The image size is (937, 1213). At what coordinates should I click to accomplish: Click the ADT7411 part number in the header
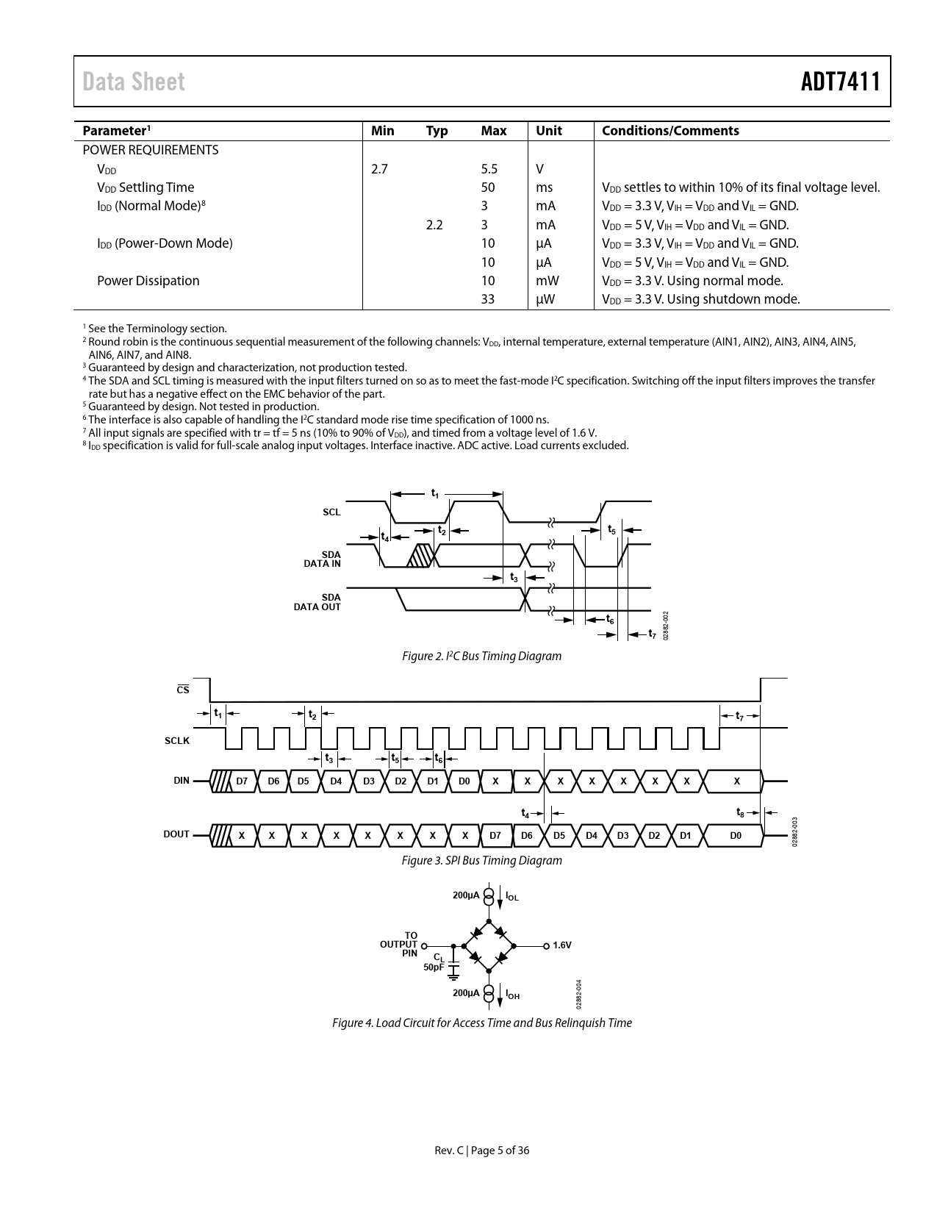tap(840, 82)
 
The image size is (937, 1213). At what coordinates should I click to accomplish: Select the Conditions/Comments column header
tap(669, 131)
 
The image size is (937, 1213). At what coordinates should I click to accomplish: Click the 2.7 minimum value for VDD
tap(379, 169)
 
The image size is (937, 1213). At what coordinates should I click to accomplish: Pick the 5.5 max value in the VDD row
tap(489, 169)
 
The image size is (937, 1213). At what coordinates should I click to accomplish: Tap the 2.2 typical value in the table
tap(434, 225)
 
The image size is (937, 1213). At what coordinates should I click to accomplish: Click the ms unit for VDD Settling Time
tap(544, 187)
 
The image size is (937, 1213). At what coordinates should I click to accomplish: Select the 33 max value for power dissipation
tap(487, 299)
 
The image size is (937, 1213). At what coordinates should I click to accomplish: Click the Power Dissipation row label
tap(148, 281)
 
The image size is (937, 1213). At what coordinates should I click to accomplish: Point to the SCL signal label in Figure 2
tap(331, 512)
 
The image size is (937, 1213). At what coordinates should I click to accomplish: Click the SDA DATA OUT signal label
tap(317, 602)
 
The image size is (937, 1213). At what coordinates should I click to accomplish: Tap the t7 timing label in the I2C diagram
tap(651, 634)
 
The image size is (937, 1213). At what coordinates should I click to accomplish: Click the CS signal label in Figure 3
tap(183, 690)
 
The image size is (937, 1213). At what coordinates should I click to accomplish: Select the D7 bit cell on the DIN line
tap(242, 781)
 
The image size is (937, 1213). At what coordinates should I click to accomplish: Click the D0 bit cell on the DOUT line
tap(735, 836)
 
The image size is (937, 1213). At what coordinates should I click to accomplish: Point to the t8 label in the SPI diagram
tap(740, 812)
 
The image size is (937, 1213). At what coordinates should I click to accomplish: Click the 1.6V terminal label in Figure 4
tap(561, 945)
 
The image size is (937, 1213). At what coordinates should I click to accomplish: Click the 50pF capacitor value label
tap(434, 967)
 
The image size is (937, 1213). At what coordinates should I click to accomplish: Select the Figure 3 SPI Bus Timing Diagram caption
tap(481, 860)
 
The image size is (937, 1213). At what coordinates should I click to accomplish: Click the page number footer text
tap(481, 1151)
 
